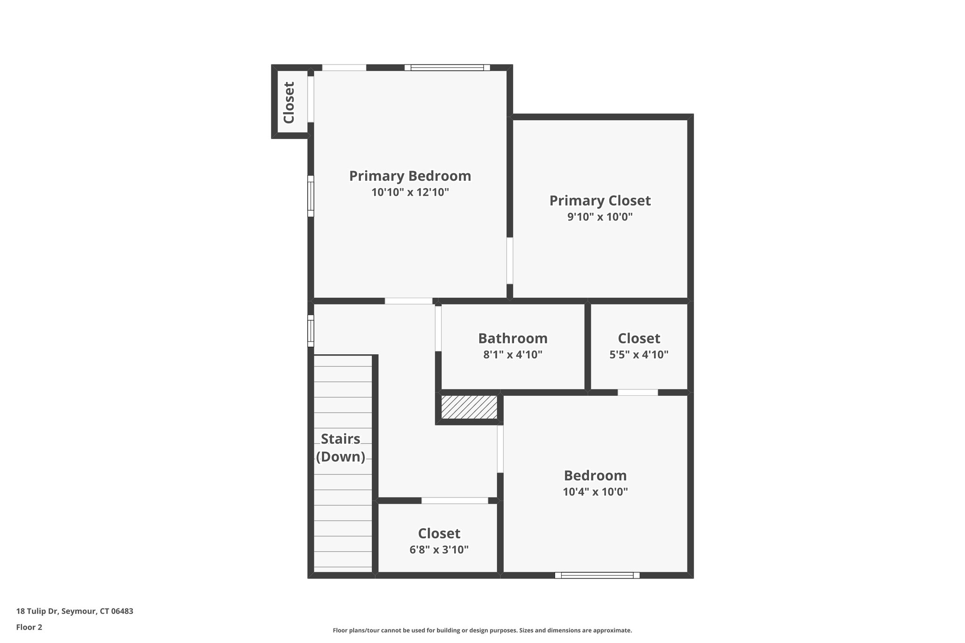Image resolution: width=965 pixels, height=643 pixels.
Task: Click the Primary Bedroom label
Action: click(410, 176)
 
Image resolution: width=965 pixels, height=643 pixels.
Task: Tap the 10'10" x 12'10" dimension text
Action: click(410, 192)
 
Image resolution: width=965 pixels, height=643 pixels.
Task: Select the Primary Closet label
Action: click(600, 201)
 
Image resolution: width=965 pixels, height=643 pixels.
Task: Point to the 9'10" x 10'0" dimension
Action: click(600, 217)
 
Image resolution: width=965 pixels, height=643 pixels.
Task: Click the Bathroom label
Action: click(513, 338)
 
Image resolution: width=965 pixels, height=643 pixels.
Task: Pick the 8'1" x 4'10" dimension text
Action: click(513, 355)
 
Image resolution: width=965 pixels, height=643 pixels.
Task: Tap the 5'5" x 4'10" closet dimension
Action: click(639, 355)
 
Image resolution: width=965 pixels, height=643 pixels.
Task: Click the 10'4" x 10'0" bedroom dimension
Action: click(595, 492)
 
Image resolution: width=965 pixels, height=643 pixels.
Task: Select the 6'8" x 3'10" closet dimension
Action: click(439, 550)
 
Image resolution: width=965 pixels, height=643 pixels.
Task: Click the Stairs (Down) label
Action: click(341, 448)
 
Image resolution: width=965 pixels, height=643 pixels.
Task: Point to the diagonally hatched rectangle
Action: click(469, 407)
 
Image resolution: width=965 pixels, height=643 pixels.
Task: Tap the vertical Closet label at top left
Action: click(288, 102)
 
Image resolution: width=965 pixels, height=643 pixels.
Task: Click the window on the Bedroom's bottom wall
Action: click(597, 575)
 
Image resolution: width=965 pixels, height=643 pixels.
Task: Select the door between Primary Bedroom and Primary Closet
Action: click(510, 260)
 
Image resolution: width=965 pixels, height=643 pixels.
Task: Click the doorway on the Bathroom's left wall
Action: click(438, 328)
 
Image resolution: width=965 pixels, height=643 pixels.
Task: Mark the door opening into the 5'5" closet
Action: click(638, 392)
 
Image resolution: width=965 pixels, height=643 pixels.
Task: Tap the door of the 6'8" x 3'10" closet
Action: click(455, 500)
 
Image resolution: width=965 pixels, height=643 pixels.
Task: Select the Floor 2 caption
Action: click(29, 627)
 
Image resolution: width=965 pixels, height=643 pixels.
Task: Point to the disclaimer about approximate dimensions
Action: click(482, 630)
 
